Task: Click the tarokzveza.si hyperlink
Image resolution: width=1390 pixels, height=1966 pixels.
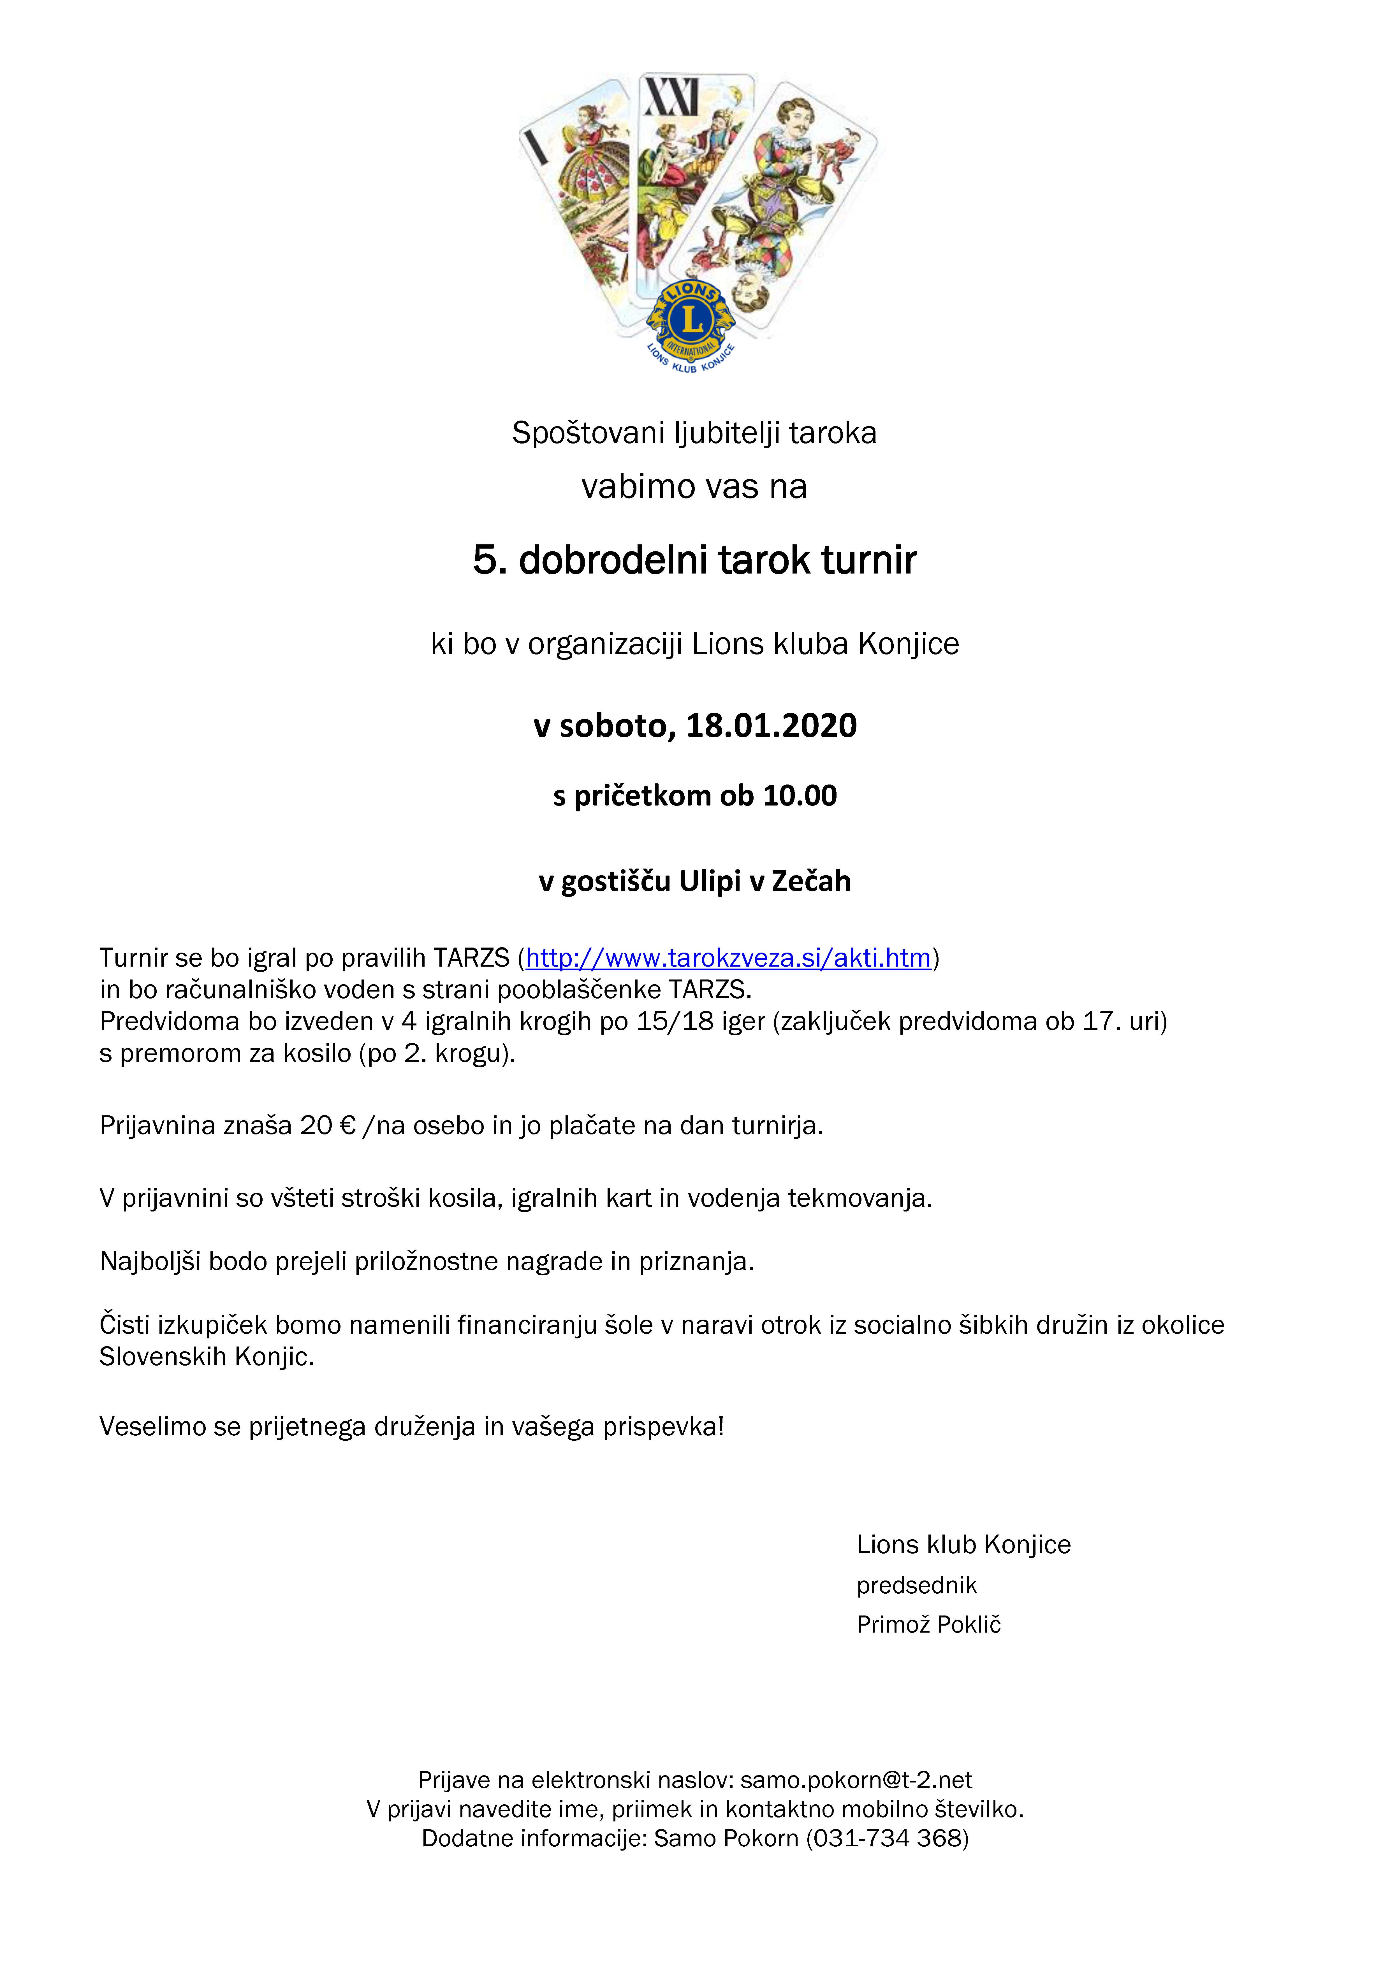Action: tap(728, 957)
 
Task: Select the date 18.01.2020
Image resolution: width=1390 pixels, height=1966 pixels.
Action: tap(771, 725)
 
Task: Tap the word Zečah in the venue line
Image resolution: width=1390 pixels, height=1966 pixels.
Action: tap(811, 881)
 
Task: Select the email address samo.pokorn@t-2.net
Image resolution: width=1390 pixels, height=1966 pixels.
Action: tap(856, 1780)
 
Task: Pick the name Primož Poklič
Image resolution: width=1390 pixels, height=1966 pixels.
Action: tap(928, 1624)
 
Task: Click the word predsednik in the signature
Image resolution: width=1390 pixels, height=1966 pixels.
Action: tap(916, 1585)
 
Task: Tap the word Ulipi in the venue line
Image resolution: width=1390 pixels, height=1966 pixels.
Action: tap(711, 881)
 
